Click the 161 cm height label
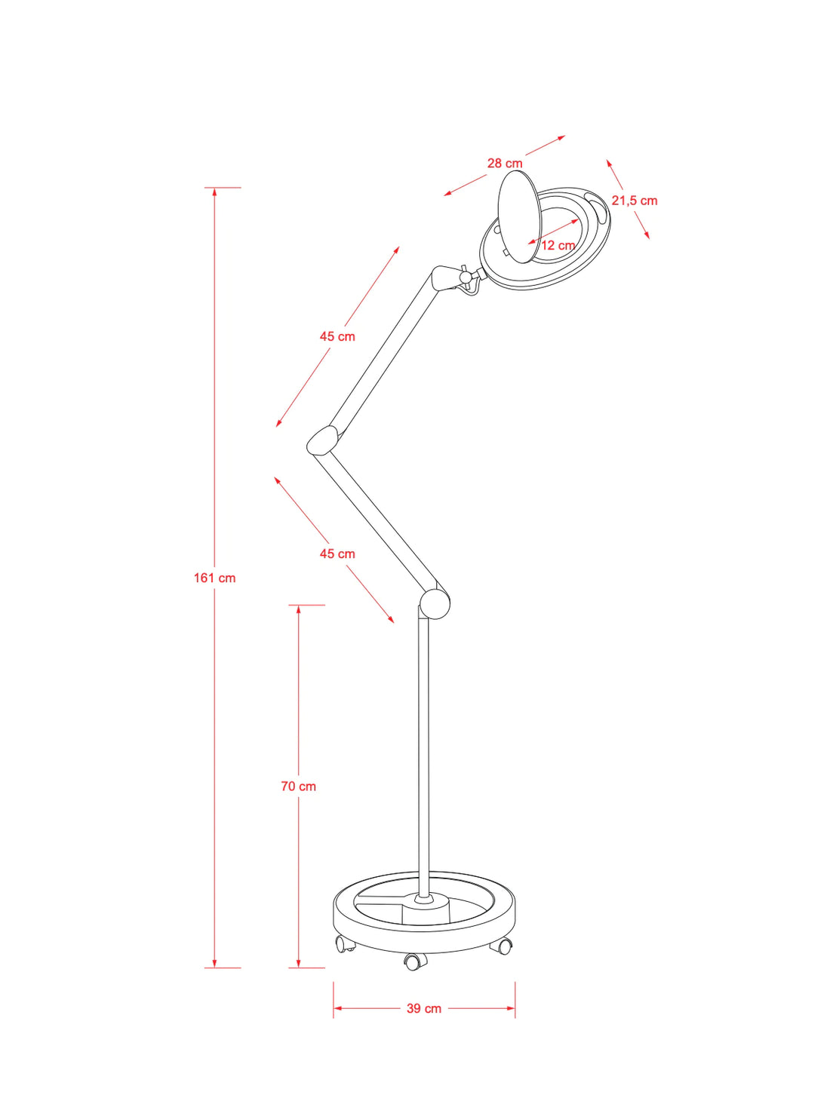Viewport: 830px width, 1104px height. pos(214,578)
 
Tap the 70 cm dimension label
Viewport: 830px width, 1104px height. pos(298,786)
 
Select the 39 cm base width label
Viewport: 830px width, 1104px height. pos(423,1008)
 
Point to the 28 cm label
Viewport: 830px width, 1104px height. pos(504,163)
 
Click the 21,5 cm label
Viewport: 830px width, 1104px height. pos(634,201)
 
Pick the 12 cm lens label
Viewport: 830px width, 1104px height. pos(558,245)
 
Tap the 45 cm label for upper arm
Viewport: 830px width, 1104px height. pos(337,336)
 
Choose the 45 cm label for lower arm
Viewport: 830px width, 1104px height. pos(337,554)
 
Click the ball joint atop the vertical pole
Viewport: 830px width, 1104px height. pos(435,603)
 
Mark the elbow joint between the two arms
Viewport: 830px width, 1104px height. pos(323,440)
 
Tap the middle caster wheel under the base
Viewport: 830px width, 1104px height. pos(414,961)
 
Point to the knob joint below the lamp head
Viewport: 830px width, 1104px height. pos(467,278)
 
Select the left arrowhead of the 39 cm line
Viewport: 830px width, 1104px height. pos(337,1007)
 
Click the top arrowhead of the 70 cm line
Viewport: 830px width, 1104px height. pos(298,609)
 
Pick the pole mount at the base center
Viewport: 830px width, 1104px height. pos(423,899)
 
